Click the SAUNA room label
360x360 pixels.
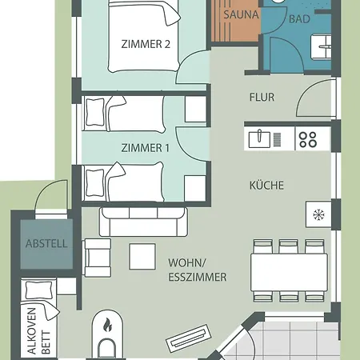click(241, 14)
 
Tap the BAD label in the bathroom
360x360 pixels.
click(299, 19)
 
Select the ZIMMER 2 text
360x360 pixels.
click(146, 44)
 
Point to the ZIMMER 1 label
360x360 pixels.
click(146, 148)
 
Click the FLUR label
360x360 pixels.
click(262, 97)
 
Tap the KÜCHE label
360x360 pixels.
click(266, 185)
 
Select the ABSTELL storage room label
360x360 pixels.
click(46, 243)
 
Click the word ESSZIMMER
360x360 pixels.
click(198, 277)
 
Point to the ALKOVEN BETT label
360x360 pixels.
click(39, 331)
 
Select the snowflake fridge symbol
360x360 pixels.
click(318, 214)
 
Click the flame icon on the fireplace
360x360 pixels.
click(107, 325)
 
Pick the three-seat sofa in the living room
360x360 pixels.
click(143, 222)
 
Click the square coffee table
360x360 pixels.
click(142, 257)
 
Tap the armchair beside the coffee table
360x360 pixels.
click(98, 258)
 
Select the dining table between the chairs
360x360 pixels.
click(290, 272)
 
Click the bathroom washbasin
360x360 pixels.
click(322, 46)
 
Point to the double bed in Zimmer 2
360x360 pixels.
click(144, 36)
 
